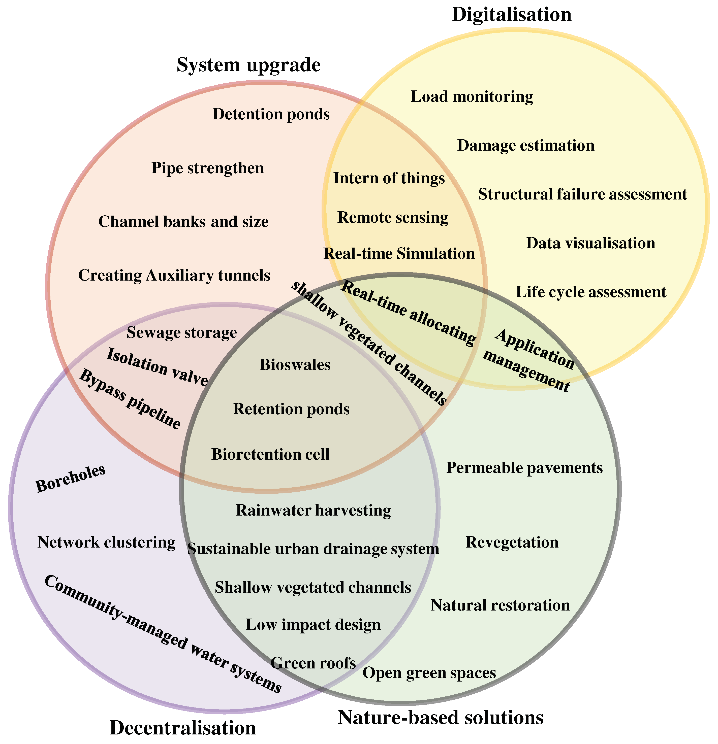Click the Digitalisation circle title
tap(511, 15)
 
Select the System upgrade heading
tap(248, 65)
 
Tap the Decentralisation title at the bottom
tap(183, 728)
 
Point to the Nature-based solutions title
tap(441, 717)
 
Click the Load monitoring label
tap(472, 97)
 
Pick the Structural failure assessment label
tap(582, 194)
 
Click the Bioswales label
tap(295, 365)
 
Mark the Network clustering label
tap(106, 543)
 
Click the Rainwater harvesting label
tap(314, 511)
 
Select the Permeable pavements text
tap(524, 468)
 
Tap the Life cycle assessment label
tap(591, 292)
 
